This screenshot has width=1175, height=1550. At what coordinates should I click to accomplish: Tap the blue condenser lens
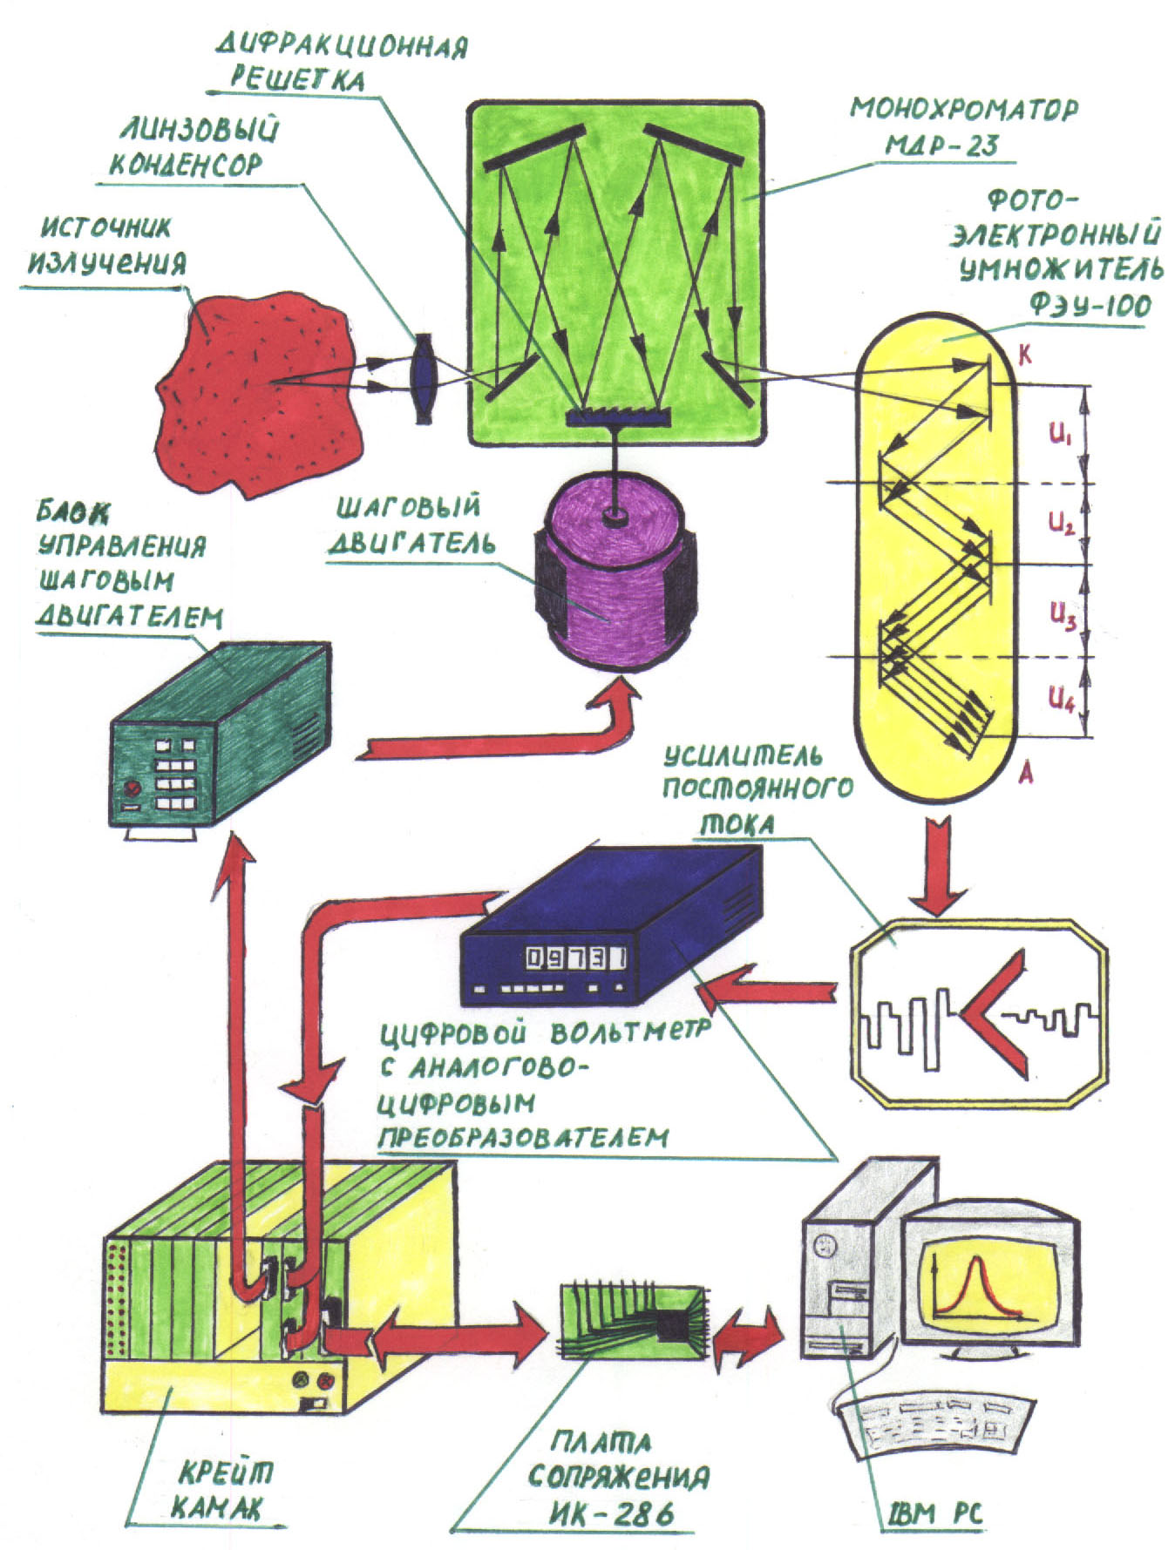coord(424,380)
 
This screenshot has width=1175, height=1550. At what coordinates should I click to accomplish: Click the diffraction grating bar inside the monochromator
coord(618,418)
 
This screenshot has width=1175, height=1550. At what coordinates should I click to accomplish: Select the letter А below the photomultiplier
coord(1027,772)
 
